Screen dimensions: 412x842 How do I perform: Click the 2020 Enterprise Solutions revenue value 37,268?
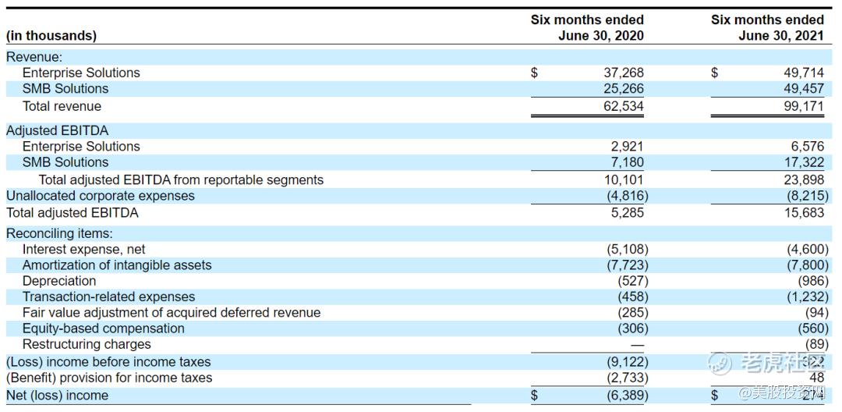pos(624,73)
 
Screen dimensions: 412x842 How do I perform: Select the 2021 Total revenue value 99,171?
pos(803,106)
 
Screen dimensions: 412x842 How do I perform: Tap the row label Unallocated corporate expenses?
pos(101,196)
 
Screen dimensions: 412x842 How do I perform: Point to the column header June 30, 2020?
pos(600,36)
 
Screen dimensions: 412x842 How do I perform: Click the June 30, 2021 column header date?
pos(780,36)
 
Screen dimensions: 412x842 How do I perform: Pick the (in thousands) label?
pos(51,36)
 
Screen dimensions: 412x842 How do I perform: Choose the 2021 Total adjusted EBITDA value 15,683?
pos(803,212)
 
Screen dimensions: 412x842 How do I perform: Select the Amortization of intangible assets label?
pos(117,265)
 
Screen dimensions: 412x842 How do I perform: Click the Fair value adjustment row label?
pos(172,313)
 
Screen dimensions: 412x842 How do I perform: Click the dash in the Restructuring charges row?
pos(638,344)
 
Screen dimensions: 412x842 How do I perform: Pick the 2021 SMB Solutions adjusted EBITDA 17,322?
pos(803,162)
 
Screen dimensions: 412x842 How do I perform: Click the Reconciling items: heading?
pos(59,233)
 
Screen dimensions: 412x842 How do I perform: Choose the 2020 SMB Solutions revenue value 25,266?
pos(624,89)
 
